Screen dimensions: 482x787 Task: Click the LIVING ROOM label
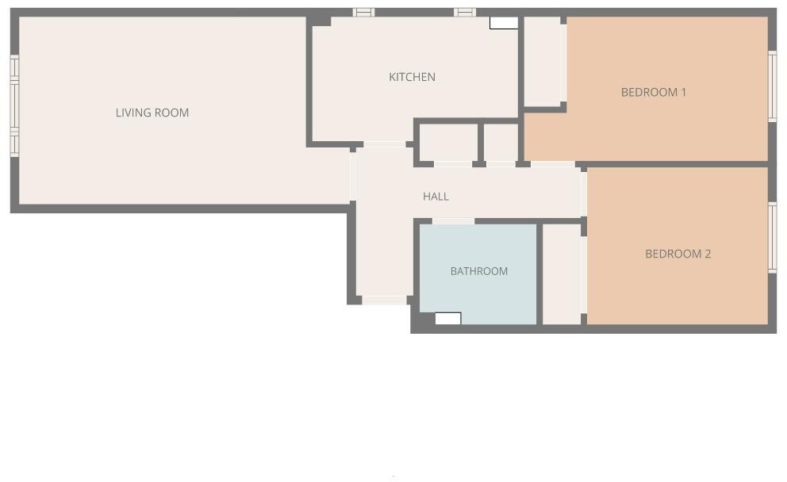[152, 113]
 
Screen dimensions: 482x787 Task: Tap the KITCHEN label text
[412, 77]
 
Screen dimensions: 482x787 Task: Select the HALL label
[436, 197]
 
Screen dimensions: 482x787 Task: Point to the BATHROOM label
[478, 271]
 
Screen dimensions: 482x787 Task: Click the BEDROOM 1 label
[653, 92]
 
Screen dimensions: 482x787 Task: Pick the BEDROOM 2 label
[678, 254]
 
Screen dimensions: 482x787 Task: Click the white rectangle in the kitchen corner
[504, 23]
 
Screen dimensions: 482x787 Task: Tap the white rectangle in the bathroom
[447, 318]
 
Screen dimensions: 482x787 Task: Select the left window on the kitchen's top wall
[363, 13]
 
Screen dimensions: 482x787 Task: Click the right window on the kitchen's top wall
[465, 13]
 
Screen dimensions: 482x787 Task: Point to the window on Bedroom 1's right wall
[772, 86]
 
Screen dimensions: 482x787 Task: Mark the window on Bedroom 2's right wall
[772, 237]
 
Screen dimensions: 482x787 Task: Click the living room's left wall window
[14, 105]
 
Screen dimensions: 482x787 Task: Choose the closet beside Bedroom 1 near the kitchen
[543, 62]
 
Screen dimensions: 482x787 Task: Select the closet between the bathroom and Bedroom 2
[561, 274]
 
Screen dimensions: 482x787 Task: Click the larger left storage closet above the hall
[447, 143]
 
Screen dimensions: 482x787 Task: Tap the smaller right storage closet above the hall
[501, 143]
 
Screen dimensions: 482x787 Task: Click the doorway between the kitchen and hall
[384, 144]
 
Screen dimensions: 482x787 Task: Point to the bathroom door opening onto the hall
[453, 221]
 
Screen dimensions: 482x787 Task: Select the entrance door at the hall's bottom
[385, 300]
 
